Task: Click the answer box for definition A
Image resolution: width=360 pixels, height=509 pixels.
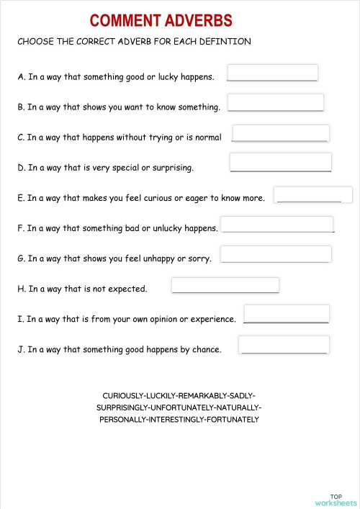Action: (x=272, y=73)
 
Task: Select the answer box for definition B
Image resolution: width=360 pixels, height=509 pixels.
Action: (x=275, y=102)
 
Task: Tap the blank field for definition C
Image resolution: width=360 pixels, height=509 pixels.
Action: (x=281, y=133)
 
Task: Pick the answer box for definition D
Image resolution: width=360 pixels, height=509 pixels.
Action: (x=280, y=162)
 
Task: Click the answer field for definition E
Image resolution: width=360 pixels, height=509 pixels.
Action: (x=313, y=194)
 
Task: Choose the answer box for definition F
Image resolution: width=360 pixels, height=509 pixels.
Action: (x=276, y=224)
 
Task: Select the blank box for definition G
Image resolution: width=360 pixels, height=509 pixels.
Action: (x=276, y=254)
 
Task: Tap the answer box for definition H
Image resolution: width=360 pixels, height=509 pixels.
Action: (x=225, y=285)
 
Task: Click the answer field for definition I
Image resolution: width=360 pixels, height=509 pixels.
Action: (x=287, y=313)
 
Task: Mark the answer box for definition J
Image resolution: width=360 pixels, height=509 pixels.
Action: (x=284, y=344)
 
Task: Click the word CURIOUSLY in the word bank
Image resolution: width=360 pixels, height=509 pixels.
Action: (x=124, y=396)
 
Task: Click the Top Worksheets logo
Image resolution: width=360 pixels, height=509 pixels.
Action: (x=336, y=499)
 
